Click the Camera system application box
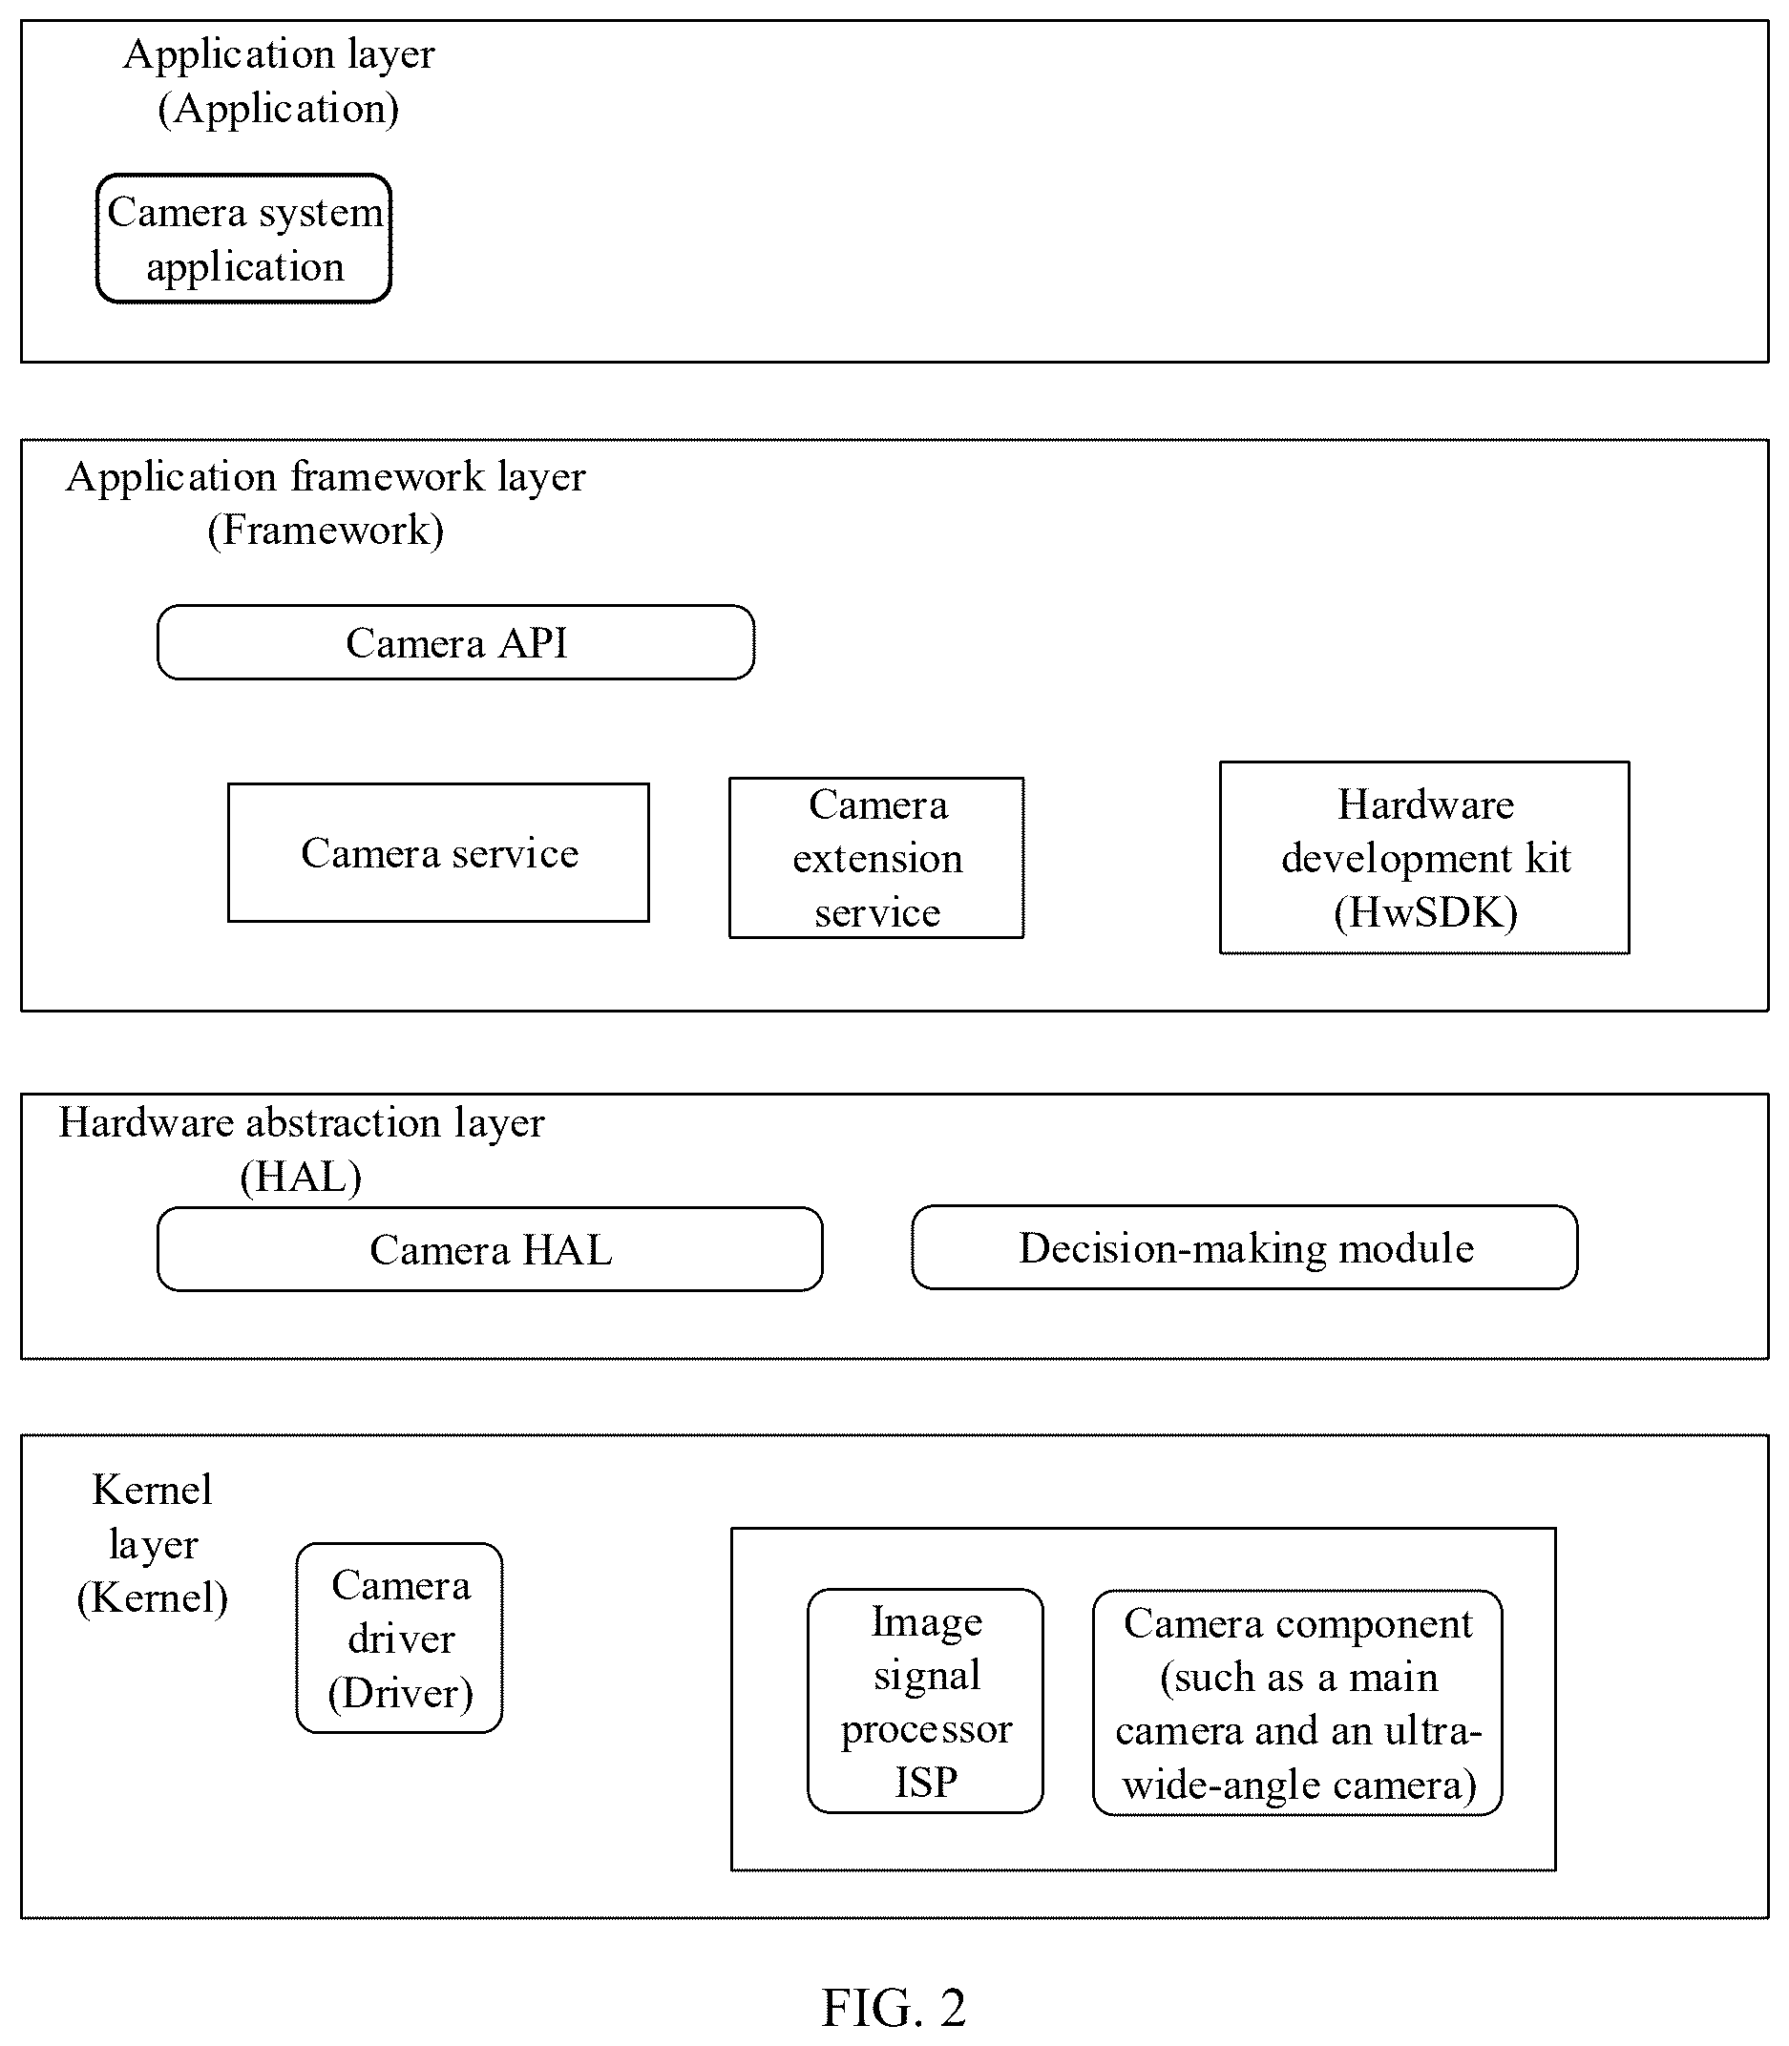click(x=243, y=239)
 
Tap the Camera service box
click(x=438, y=852)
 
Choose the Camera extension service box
click(x=876, y=857)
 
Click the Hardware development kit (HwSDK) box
click(x=1424, y=857)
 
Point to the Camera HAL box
click(x=490, y=1249)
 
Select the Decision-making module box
click(x=1245, y=1247)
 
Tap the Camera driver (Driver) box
click(x=399, y=1638)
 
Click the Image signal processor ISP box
click(x=925, y=1701)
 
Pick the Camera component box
click(x=1297, y=1702)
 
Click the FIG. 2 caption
click(x=894, y=2007)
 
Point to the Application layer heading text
click(x=279, y=81)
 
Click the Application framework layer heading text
click(x=326, y=503)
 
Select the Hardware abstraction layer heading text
click(x=302, y=1149)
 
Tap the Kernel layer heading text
click(x=153, y=1543)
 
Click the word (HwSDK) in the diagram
click(x=1425, y=912)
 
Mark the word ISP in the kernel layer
click(x=925, y=1782)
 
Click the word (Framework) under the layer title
click(x=326, y=530)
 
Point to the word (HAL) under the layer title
click(x=301, y=1177)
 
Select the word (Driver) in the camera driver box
click(x=400, y=1693)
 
